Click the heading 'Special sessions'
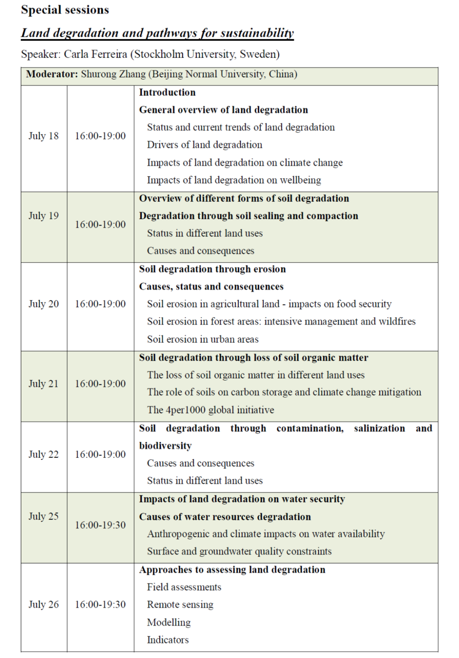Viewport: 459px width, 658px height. (65, 10)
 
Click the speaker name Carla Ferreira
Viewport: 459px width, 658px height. (95, 54)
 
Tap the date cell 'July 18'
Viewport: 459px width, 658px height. (44, 136)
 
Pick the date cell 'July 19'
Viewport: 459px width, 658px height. (44, 215)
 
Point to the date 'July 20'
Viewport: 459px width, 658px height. (44, 304)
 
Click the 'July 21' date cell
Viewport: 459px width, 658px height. (44, 384)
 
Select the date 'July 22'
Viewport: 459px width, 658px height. (44, 454)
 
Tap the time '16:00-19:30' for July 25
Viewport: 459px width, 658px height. (100, 525)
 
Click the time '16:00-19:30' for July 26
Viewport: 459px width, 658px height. (100, 604)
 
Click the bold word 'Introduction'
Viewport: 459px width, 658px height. (167, 92)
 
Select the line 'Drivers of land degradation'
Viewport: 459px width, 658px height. (204, 145)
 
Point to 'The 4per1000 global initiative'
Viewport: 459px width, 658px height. (210, 410)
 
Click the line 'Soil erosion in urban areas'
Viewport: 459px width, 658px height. (203, 339)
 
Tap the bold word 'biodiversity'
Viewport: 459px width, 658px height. (165, 446)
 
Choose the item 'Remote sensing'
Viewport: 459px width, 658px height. (180, 604)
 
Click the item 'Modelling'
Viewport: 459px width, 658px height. (169, 622)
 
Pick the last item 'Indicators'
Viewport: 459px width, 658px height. (168, 640)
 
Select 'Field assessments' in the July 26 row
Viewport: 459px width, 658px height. (184, 587)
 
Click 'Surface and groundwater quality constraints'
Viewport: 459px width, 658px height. (239, 551)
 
